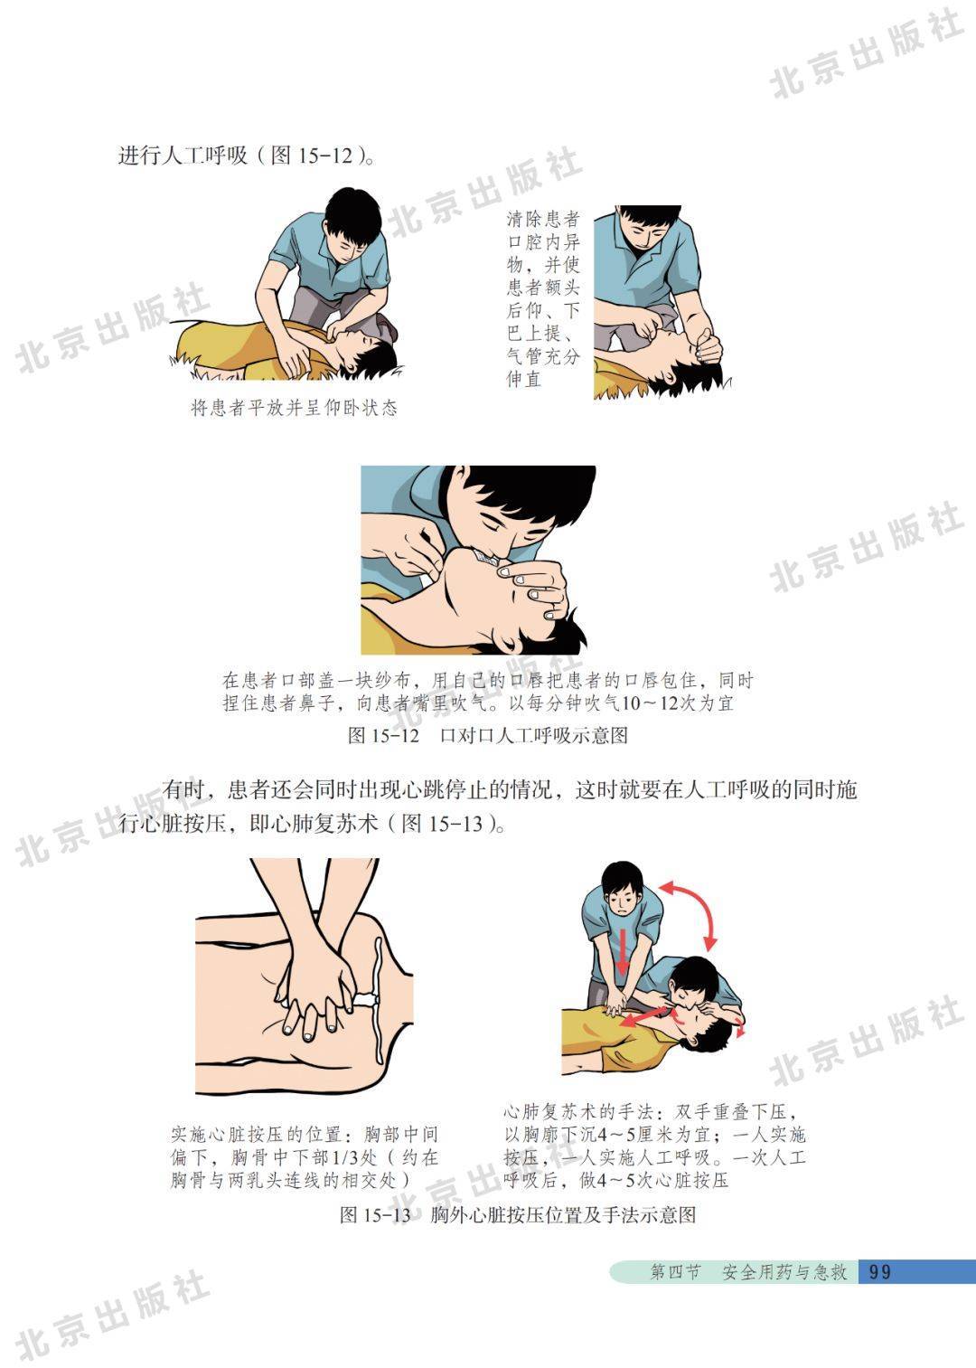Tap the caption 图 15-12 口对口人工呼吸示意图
click(x=488, y=735)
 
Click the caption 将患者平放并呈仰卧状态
click(x=294, y=408)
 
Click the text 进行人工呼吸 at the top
click(x=183, y=156)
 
